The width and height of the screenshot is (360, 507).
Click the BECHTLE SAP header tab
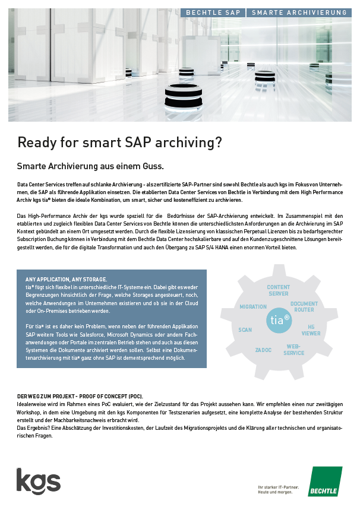pos(213,12)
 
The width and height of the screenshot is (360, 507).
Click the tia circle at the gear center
pos(280,319)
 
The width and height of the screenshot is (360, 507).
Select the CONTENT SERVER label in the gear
pos(278,290)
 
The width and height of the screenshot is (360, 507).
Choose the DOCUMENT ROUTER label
pos(304,306)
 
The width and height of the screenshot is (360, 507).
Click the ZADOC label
pos(263,350)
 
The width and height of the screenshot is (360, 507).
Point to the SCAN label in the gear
pos(245,329)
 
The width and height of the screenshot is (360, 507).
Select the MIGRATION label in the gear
pos(253,307)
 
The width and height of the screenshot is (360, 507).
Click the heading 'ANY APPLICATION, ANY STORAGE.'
pos(66,279)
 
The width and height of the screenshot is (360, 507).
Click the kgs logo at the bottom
pos(38,480)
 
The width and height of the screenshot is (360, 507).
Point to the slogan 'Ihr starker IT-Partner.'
pos(278,487)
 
